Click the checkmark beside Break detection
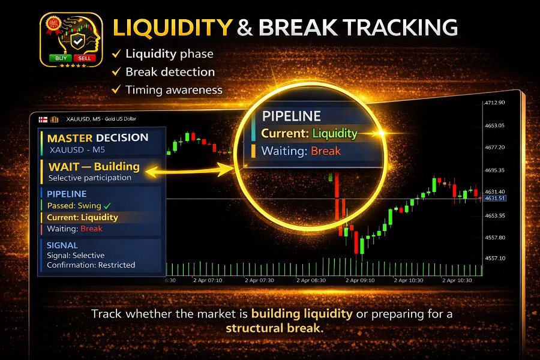pos(116,72)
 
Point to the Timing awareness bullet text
pos(173,90)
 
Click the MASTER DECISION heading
pos(97,137)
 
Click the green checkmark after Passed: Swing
pos(107,206)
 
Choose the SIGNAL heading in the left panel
pos(62,245)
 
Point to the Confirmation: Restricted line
pos(91,265)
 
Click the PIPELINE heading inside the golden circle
pos(291,116)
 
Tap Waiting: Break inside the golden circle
pos(301,151)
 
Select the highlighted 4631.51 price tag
pos(495,198)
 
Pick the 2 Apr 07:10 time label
pos(208,280)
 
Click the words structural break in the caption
pos(274,328)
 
